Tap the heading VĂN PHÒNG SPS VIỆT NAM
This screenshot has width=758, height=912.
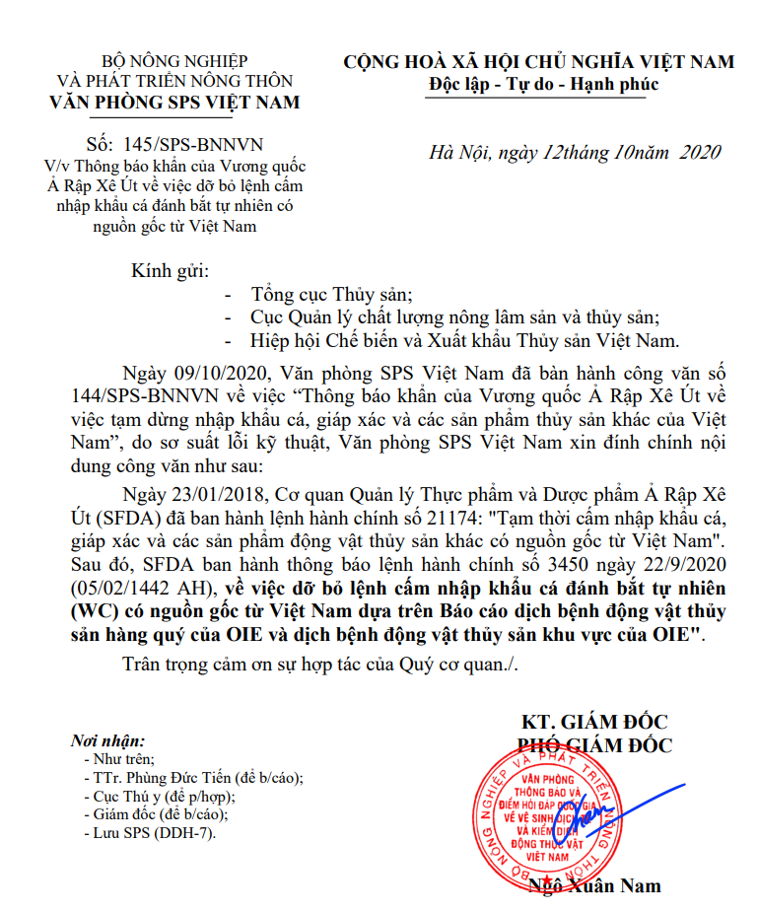[x=175, y=103]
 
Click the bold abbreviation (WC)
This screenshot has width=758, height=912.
[x=93, y=613]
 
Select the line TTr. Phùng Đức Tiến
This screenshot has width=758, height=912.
[x=194, y=778]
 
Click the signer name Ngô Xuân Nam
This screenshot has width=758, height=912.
[x=595, y=885]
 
